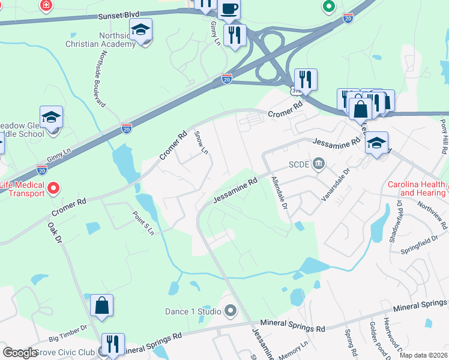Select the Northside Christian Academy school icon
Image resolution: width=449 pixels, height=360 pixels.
click(x=141, y=29)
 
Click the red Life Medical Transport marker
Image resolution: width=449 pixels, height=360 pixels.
click(x=53, y=189)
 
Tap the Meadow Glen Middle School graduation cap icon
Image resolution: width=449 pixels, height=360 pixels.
click(x=52, y=117)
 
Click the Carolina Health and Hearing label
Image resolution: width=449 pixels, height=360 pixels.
click(x=417, y=188)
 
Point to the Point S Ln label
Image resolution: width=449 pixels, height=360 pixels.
click(x=143, y=223)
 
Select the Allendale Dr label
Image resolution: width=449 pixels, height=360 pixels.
click(x=277, y=193)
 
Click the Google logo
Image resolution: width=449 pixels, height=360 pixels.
click(x=20, y=353)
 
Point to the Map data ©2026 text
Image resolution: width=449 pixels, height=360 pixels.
click(x=423, y=355)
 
